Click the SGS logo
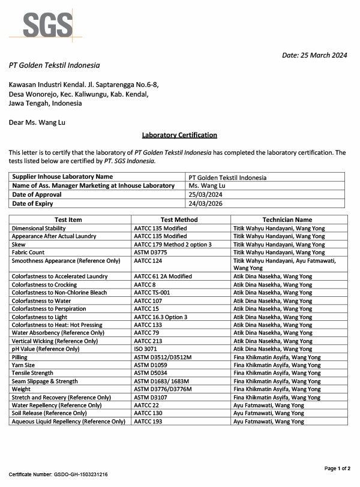coord(48,25)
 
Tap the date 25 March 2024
coord(314,55)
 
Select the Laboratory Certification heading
coord(179,136)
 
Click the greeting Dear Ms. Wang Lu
coord(37,122)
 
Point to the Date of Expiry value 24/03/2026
coord(205,203)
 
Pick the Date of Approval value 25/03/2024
coord(205,195)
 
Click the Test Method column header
coord(179,220)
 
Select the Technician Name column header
coord(287,220)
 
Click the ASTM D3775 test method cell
coord(151,252)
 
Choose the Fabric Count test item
coord(28,252)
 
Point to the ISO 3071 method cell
coord(146,349)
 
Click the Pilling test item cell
coord(20,357)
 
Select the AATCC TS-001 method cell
coord(152,293)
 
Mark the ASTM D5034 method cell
coord(151,373)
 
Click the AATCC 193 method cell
coord(148,422)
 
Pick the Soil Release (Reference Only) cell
coord(49,413)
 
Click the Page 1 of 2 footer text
coord(337,468)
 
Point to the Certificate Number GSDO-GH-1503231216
coord(58,474)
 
